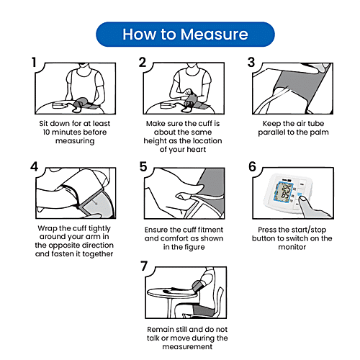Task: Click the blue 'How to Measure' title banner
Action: (x=185, y=35)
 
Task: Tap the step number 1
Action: (x=35, y=63)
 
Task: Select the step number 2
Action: (x=143, y=63)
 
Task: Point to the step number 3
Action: (x=251, y=63)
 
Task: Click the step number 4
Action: (x=35, y=166)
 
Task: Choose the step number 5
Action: (x=143, y=166)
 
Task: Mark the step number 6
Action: (x=252, y=166)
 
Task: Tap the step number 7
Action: (x=144, y=267)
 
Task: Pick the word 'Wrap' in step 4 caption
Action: (x=48, y=228)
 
